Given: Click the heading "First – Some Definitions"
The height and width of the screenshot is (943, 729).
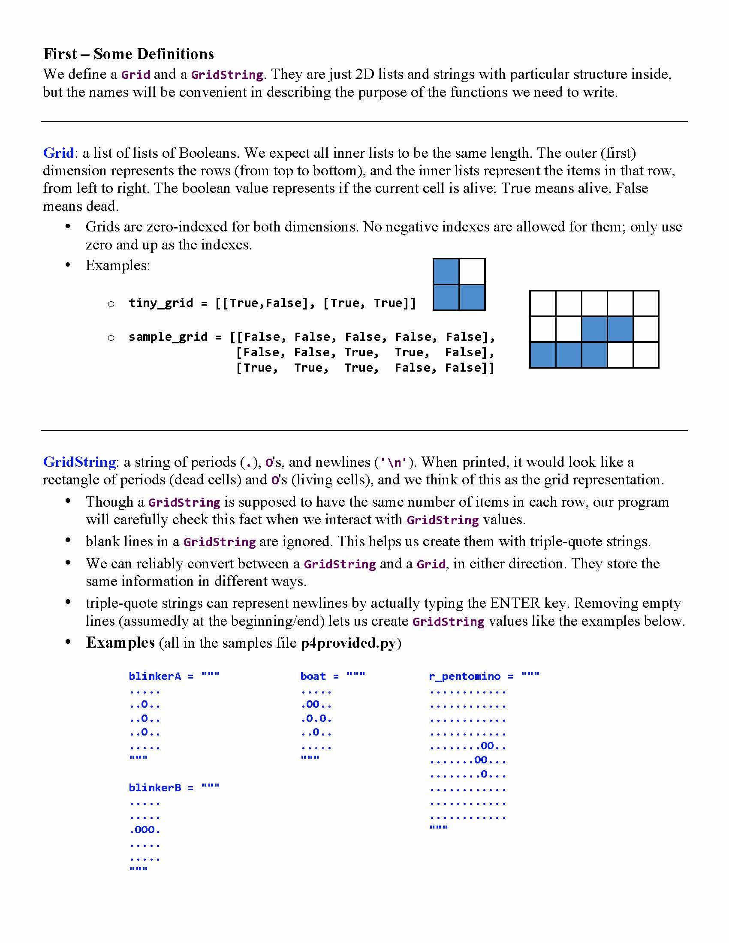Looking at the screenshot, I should [x=129, y=54].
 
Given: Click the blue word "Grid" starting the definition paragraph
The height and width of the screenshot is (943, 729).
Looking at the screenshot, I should [x=58, y=153].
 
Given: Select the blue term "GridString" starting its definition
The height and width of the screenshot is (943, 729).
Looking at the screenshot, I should [x=79, y=462].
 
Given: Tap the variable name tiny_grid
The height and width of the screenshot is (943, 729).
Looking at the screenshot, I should [x=161, y=303].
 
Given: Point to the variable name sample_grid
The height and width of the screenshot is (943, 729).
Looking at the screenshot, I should [x=168, y=336].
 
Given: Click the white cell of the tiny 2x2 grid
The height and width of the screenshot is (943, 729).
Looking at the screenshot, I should [x=472, y=272].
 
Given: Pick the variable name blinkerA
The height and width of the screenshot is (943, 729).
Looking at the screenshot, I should [x=155, y=676].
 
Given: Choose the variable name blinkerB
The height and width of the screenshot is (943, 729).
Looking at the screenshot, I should [x=155, y=787].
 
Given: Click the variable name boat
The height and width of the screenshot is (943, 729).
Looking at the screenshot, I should [x=313, y=676].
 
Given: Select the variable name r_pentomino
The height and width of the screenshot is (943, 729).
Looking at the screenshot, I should [x=465, y=676].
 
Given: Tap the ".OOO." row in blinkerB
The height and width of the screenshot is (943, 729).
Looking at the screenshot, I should [x=145, y=830].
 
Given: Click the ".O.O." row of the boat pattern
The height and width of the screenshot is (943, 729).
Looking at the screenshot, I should [x=316, y=718].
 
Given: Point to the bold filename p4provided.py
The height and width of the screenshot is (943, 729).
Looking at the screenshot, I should [x=348, y=643].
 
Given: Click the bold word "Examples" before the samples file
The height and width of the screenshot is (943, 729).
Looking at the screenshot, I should [x=120, y=643].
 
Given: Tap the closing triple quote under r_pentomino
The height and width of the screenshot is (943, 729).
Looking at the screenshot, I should [x=438, y=827].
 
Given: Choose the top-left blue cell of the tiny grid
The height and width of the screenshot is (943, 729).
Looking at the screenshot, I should [x=446, y=272].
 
